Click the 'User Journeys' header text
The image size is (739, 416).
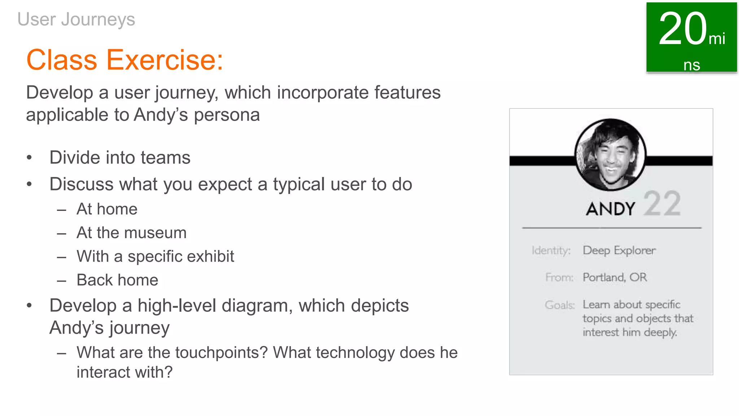(76, 19)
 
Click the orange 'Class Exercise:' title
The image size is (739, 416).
(125, 60)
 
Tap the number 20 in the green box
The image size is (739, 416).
(682, 29)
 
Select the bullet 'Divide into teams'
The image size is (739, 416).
(120, 158)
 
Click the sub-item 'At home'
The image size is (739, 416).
(107, 209)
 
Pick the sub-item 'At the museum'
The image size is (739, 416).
(131, 233)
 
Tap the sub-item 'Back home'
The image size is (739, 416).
(117, 280)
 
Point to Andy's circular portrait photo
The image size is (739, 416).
(610, 155)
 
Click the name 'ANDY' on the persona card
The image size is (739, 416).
(610, 209)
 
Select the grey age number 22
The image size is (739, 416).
(662, 204)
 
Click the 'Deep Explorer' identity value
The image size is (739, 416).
(619, 250)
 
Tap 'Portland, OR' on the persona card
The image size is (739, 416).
(615, 277)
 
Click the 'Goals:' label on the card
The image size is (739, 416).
(559, 305)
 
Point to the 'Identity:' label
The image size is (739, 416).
(551, 250)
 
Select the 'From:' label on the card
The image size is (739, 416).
(559, 277)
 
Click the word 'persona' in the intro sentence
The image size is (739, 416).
(227, 115)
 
